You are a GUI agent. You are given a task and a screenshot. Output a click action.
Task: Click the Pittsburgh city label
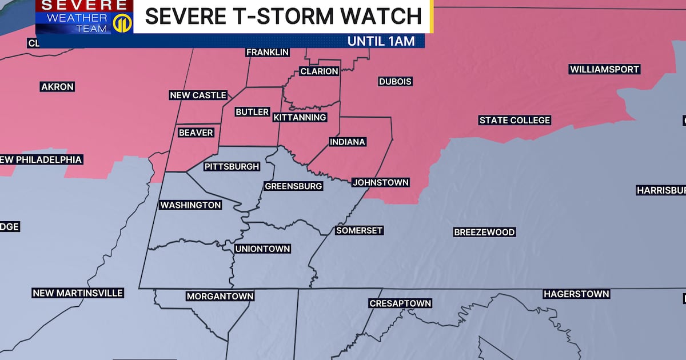[x=232, y=167]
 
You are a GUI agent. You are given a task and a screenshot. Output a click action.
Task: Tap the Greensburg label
[x=293, y=186]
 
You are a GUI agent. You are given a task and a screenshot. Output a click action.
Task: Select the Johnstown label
[x=380, y=183]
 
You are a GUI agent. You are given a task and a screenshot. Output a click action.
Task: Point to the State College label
[x=514, y=120]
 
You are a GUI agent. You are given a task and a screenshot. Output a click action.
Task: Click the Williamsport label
[x=604, y=70]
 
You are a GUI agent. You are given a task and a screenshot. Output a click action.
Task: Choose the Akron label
[x=57, y=87]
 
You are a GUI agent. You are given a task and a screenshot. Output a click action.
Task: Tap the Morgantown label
[x=220, y=297]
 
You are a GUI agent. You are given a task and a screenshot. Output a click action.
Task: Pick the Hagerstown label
[x=576, y=294]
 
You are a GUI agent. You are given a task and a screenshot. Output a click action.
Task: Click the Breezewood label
[x=484, y=232]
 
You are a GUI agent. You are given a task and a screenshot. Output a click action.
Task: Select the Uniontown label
[x=263, y=249]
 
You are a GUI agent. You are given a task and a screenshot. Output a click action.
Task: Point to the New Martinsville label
[x=78, y=293]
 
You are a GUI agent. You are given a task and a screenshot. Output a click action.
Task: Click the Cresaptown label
[x=400, y=303]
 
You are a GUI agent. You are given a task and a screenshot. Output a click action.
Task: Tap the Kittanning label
[x=300, y=118]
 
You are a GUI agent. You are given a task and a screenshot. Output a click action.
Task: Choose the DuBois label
[x=395, y=82]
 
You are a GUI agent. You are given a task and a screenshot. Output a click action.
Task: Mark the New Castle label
[x=198, y=95]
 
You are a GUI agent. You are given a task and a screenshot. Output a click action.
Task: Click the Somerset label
[x=359, y=230]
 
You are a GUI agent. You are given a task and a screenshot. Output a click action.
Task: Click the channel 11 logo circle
[x=121, y=23]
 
